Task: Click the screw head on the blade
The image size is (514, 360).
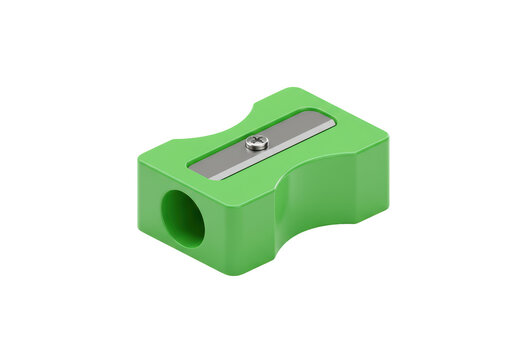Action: click(x=256, y=143)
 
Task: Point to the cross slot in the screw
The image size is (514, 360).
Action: click(x=256, y=142)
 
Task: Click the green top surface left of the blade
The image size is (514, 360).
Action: click(x=170, y=160)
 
